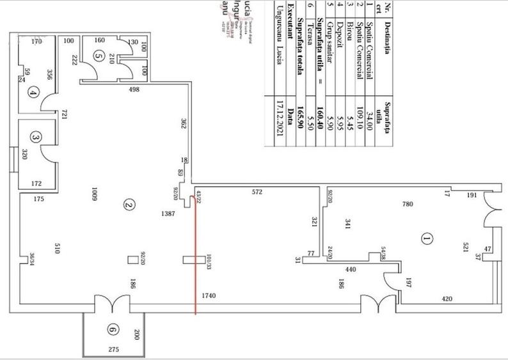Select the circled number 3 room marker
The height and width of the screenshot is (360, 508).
coord(35,137)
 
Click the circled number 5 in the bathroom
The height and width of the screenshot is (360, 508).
coord(98,56)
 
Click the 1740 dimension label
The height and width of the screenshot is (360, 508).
coord(210,296)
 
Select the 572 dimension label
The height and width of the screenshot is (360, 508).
coord(257,192)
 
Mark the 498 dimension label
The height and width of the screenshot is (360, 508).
coord(134,90)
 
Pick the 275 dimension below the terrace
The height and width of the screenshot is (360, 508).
coord(113,350)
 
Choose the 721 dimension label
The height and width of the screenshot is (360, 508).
coord(64,114)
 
